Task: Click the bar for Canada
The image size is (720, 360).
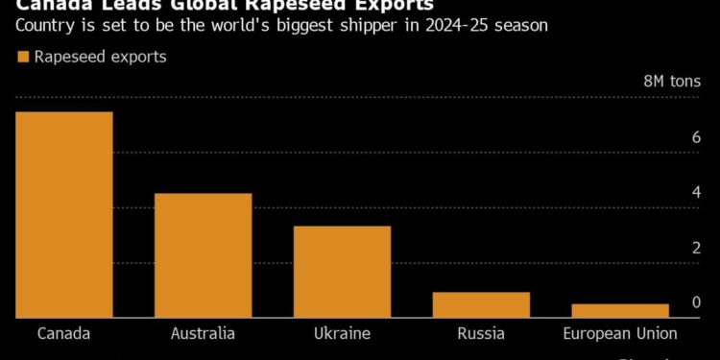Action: [x=63, y=214]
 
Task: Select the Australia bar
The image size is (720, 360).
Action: [x=203, y=254]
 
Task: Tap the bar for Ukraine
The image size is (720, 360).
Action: [x=342, y=271]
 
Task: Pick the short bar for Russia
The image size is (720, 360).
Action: [x=481, y=304]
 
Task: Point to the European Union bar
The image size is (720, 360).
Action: [x=620, y=310]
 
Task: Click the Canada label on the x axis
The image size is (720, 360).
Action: [x=63, y=334]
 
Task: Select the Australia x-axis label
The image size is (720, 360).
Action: [x=203, y=334]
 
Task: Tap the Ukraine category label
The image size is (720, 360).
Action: [x=342, y=334]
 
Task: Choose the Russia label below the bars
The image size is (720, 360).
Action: [x=481, y=334]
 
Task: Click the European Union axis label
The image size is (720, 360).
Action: [x=620, y=334]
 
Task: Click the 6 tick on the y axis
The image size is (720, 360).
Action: [x=696, y=138]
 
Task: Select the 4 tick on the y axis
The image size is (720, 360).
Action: [x=696, y=193]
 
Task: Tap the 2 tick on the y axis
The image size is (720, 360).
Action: [x=696, y=249]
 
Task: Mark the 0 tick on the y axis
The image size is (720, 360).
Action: [x=696, y=303]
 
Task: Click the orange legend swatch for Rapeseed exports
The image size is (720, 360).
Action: [x=23, y=58]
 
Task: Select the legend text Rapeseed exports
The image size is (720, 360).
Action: [x=100, y=58]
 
